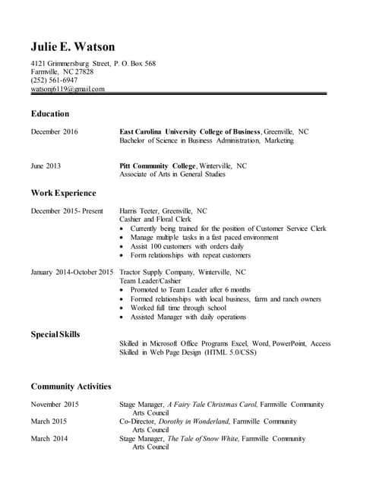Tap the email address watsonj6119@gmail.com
point(68,89)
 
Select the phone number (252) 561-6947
point(54,80)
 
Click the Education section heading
point(50,114)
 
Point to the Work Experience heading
point(63,193)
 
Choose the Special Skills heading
point(55,334)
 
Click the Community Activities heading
point(71,386)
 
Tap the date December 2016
point(54,131)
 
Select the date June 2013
point(46,166)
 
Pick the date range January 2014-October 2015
point(72,272)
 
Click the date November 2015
point(55,405)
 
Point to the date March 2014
point(49,438)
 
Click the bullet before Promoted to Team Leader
point(123,290)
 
